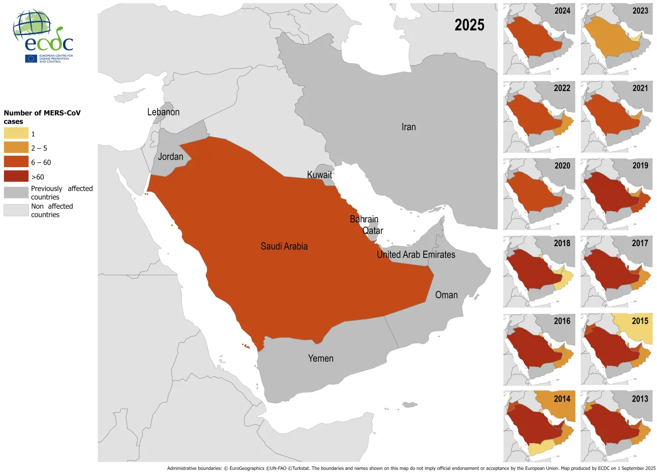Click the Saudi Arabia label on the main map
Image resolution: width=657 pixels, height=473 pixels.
pos(284,247)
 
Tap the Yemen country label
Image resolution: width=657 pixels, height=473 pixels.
pos(320,359)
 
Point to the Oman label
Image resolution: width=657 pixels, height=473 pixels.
pos(446,295)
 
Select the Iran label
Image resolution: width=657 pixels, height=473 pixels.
pos(409,127)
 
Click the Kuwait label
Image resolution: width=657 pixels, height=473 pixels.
pos(319,175)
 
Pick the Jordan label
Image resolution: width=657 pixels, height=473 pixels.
pos(170,156)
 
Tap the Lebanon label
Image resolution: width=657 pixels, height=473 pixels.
pos(163,112)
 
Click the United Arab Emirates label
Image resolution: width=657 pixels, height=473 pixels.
pos(416,255)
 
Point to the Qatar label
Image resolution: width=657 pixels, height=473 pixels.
pos(373,231)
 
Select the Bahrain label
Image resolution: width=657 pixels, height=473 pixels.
pos(364,219)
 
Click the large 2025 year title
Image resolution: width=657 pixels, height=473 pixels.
pos(469,25)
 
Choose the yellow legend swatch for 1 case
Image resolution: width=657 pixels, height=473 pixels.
pos(16,134)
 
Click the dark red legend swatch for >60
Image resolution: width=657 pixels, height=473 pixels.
pos(16,177)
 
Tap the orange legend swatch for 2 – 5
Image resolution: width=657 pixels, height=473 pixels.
pos(16,148)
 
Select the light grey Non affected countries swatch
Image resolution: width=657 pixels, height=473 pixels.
pos(16,210)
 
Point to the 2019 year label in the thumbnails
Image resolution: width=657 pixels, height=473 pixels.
pos(640,166)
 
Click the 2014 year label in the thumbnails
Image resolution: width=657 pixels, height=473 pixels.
pos(562,399)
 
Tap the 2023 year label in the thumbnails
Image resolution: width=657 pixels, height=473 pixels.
pos(640,11)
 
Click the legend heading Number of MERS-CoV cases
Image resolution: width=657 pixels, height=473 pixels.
pos(42,117)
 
